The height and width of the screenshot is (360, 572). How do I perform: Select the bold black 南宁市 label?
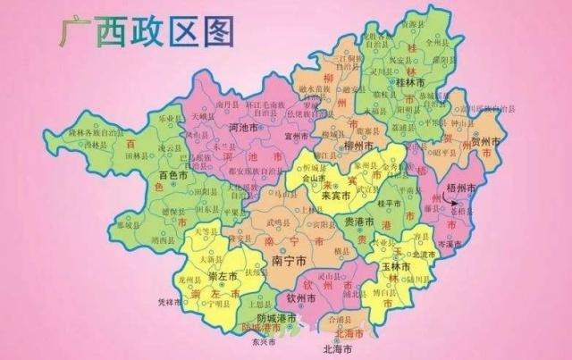(288, 262)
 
